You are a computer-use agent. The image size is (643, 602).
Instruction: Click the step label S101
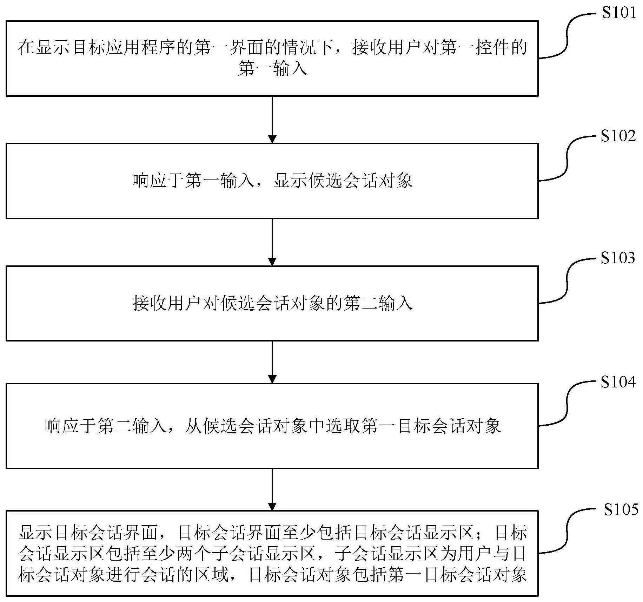pyautogui.click(x=619, y=13)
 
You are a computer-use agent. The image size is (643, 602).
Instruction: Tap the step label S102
pyautogui.click(x=618, y=136)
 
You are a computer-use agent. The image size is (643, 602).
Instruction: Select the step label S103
pyautogui.click(x=618, y=258)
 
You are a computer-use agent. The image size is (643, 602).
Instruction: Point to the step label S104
pyautogui.click(x=618, y=382)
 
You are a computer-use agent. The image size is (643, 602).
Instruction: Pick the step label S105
pyautogui.click(x=621, y=509)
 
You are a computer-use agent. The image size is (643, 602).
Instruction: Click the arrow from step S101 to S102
pyautogui.click(x=272, y=120)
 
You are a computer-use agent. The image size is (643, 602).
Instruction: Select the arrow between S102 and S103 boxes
pyautogui.click(x=272, y=242)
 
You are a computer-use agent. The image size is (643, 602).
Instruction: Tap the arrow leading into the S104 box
pyautogui.click(x=272, y=362)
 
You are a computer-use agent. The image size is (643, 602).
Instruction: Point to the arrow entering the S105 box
pyautogui.click(x=272, y=489)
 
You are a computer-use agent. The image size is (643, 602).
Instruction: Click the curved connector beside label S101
pyautogui.click(x=567, y=35)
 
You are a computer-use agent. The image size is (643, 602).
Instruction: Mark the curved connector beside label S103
pyautogui.click(x=567, y=280)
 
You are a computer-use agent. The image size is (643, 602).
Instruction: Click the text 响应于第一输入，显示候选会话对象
pyautogui.click(x=272, y=181)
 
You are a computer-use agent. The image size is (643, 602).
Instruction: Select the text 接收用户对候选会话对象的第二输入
pyautogui.click(x=272, y=303)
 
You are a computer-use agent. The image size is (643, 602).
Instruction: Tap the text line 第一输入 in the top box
pyautogui.click(x=272, y=68)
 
